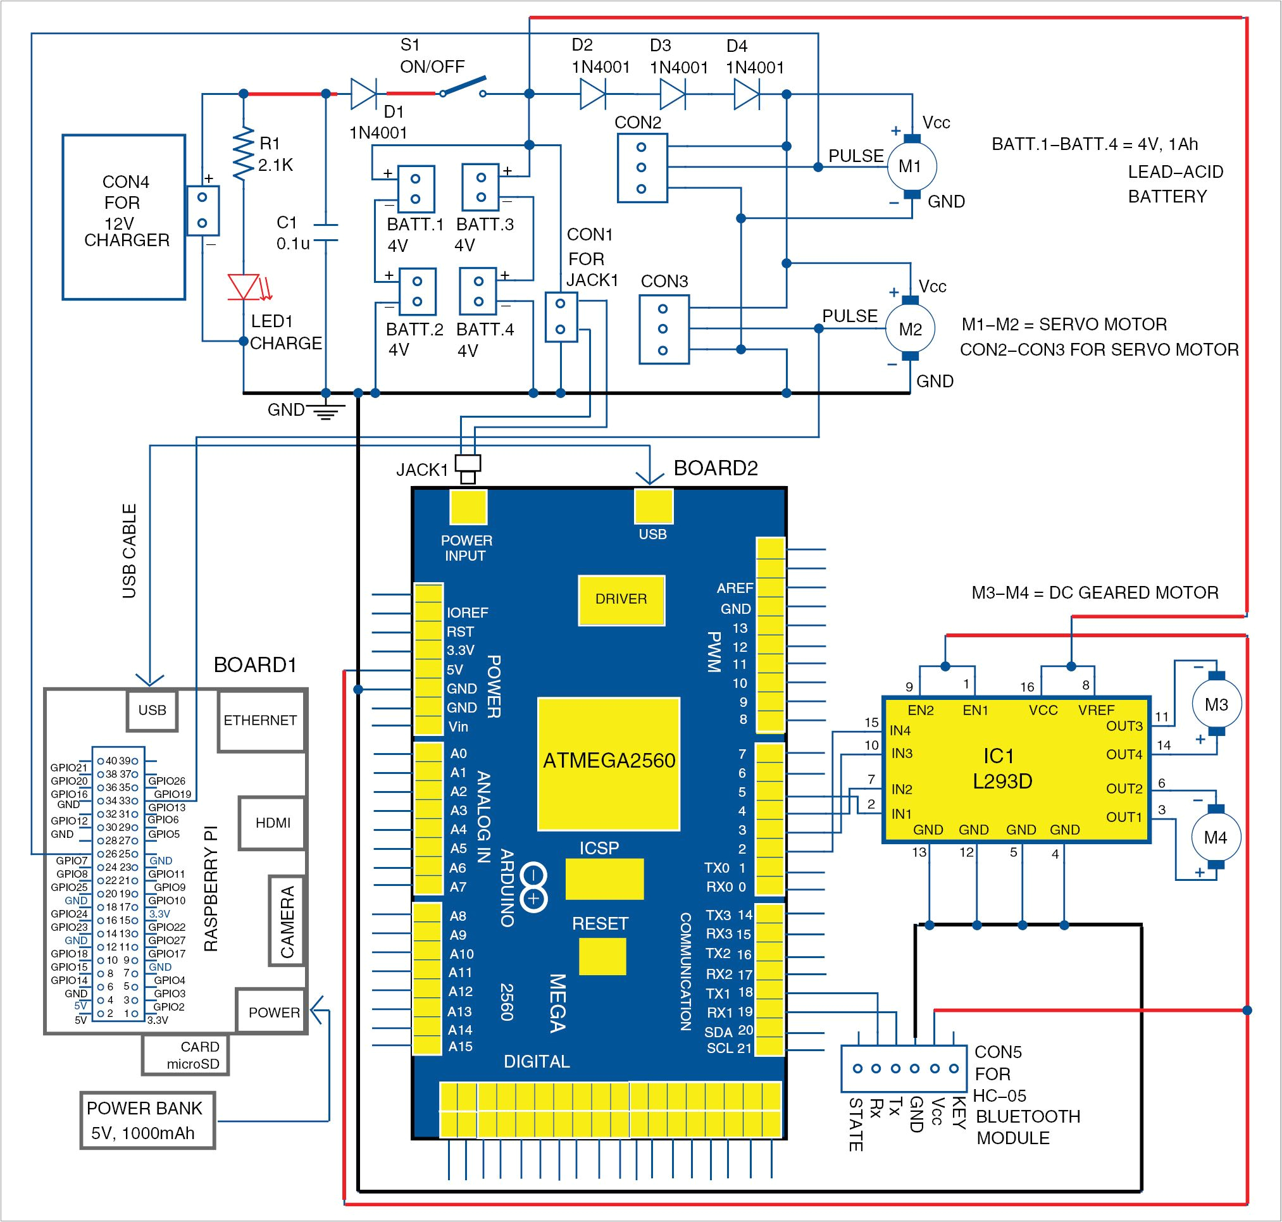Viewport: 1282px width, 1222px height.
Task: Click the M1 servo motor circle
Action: pyautogui.click(x=911, y=167)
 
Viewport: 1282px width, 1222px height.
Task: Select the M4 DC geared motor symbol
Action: pyautogui.click(x=1216, y=837)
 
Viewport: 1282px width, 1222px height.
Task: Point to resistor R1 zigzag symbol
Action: pyautogui.click(x=244, y=154)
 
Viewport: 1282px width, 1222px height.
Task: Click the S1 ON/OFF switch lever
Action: pyautogui.click(x=463, y=87)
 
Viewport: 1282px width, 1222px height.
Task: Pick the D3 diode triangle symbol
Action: pyautogui.click(x=671, y=94)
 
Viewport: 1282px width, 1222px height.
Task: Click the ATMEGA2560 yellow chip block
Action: pyautogui.click(x=609, y=763)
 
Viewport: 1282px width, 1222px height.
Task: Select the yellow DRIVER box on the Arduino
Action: pyautogui.click(x=621, y=599)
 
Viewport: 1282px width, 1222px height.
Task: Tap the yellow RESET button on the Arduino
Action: pyautogui.click(x=602, y=956)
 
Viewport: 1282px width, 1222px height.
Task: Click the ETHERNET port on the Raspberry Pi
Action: pyautogui.click(x=261, y=720)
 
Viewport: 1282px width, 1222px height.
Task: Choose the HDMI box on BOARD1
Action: pyautogui.click(x=272, y=823)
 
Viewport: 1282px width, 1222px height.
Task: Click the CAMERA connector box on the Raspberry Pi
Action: pyautogui.click(x=287, y=920)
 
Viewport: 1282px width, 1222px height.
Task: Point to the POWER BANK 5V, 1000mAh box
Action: pyautogui.click(x=147, y=1120)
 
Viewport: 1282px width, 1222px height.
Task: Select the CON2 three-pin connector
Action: pyautogui.click(x=642, y=168)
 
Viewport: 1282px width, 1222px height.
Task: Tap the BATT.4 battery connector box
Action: pyautogui.click(x=478, y=291)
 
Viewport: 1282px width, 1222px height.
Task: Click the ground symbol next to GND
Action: pyautogui.click(x=326, y=412)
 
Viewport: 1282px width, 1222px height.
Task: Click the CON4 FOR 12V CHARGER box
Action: pyautogui.click(x=124, y=217)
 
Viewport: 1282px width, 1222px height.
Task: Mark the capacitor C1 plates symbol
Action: pyautogui.click(x=326, y=232)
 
